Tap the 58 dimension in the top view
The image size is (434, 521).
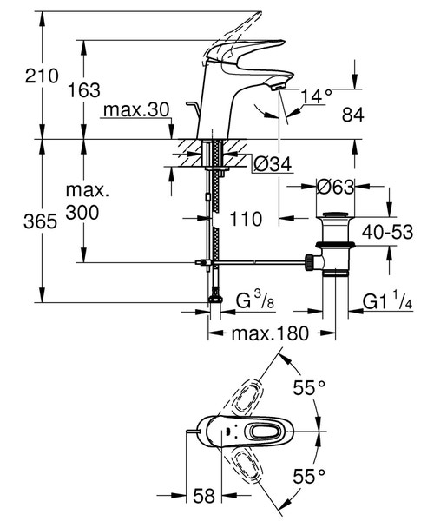coord(204,496)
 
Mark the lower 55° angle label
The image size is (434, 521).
coord(308,475)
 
